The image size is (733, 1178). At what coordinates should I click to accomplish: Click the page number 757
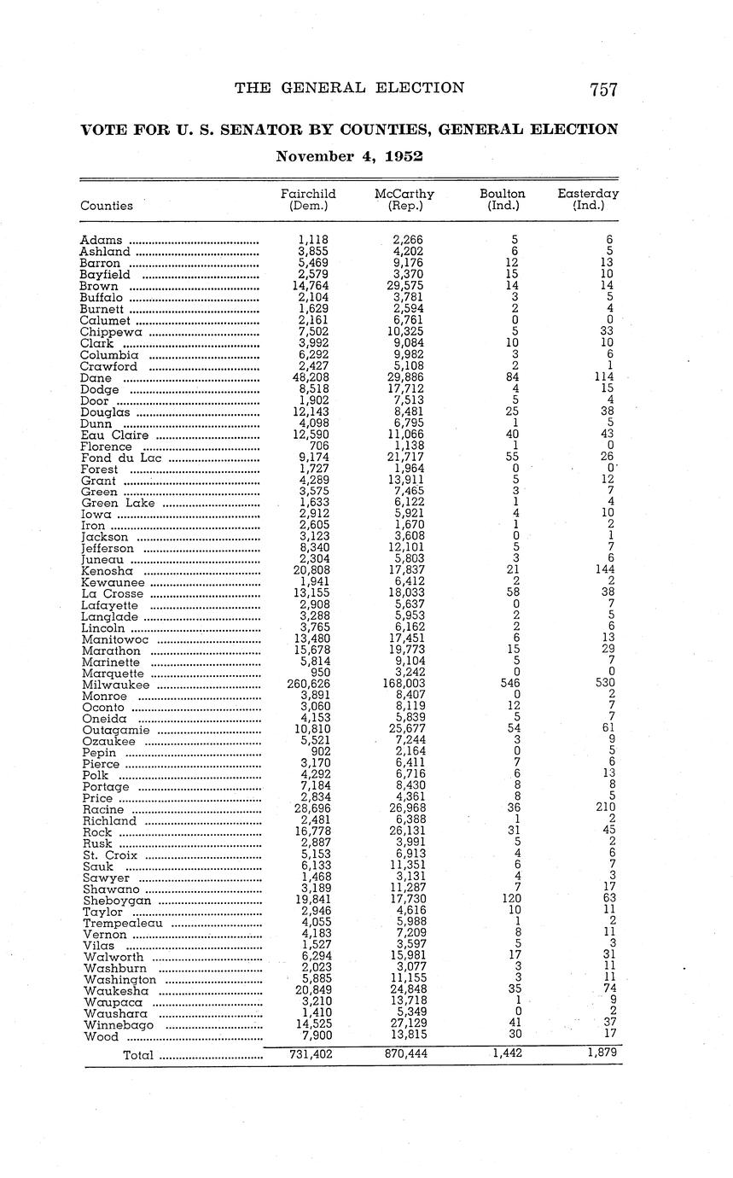pyautogui.click(x=602, y=89)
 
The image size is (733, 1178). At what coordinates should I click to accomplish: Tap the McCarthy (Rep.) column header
pyautogui.click(x=404, y=199)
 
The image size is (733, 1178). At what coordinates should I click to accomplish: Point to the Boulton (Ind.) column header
pyautogui.click(x=503, y=199)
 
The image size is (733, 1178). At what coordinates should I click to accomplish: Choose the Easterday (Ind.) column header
pyautogui.click(x=588, y=199)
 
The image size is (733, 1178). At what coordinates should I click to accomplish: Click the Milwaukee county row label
pyautogui.click(x=115, y=685)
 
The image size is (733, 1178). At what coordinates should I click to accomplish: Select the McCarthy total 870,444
pyautogui.click(x=404, y=1054)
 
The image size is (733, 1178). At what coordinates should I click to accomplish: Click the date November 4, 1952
pyautogui.click(x=349, y=157)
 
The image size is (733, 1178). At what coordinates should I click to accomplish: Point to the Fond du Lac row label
pyautogui.click(x=121, y=458)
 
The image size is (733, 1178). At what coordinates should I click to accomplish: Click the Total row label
pyautogui.click(x=138, y=1055)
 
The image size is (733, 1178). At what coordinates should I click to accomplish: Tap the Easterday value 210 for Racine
pyautogui.click(x=606, y=809)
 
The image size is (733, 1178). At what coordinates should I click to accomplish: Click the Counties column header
pyautogui.click(x=107, y=206)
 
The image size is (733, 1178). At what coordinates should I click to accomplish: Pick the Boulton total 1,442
pyautogui.click(x=506, y=1054)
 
